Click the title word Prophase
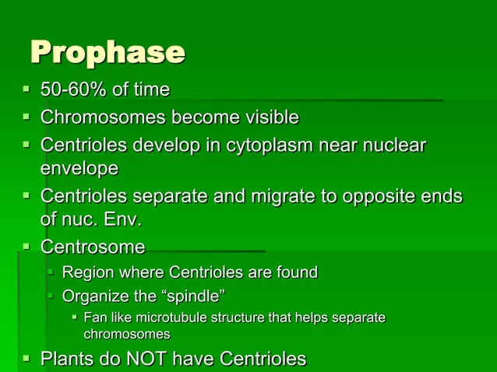(108, 53)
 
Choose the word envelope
(79, 167)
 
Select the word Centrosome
(92, 247)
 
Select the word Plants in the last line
(65, 359)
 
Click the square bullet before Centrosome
(26, 247)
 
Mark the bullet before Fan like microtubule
(75, 317)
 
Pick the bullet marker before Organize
(50, 296)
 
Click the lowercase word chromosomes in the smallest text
(127, 334)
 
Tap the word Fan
(94, 318)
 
